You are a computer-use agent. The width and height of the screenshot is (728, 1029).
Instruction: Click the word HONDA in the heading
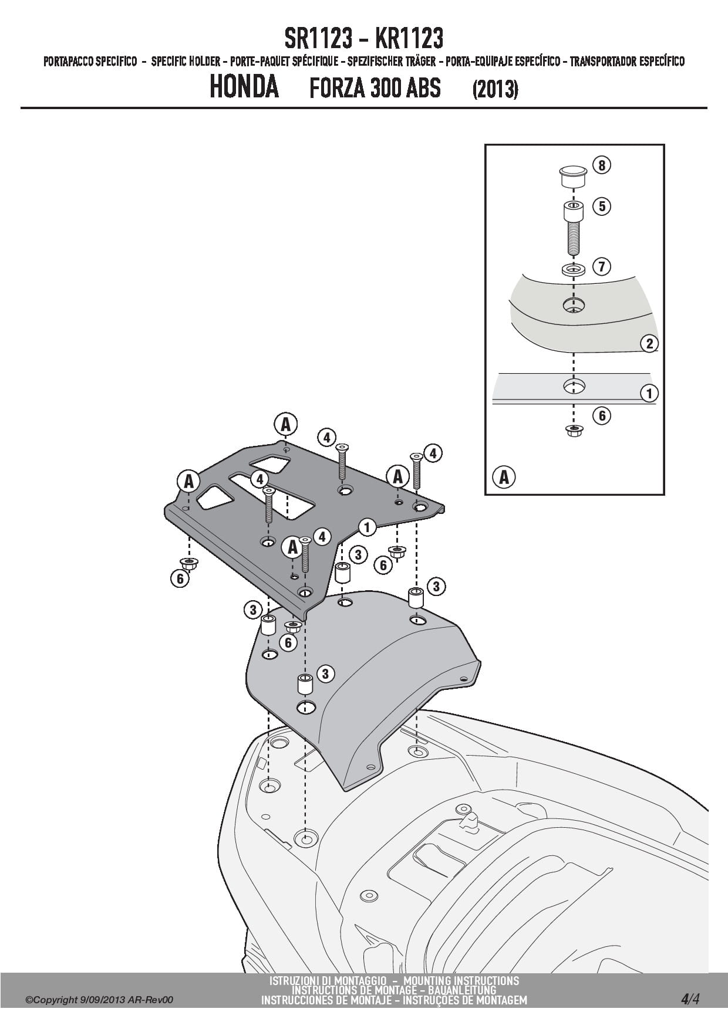[244, 88]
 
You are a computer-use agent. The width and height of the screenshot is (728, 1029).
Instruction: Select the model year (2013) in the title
[495, 89]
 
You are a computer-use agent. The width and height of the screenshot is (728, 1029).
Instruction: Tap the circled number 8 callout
[602, 165]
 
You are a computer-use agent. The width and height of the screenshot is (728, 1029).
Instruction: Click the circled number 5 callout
[602, 206]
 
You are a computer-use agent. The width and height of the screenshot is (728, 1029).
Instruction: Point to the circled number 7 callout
[602, 266]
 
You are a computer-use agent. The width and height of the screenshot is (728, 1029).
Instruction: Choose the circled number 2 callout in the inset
[649, 343]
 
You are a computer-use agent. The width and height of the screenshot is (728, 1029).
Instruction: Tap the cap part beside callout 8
[572, 177]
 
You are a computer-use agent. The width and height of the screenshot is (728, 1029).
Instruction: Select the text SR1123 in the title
[319, 39]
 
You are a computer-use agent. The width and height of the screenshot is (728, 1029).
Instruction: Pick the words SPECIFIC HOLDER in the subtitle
[186, 61]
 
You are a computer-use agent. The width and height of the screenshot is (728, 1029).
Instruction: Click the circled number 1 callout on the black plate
[367, 527]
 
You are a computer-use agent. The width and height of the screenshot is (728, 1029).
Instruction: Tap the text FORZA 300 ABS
[375, 89]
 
